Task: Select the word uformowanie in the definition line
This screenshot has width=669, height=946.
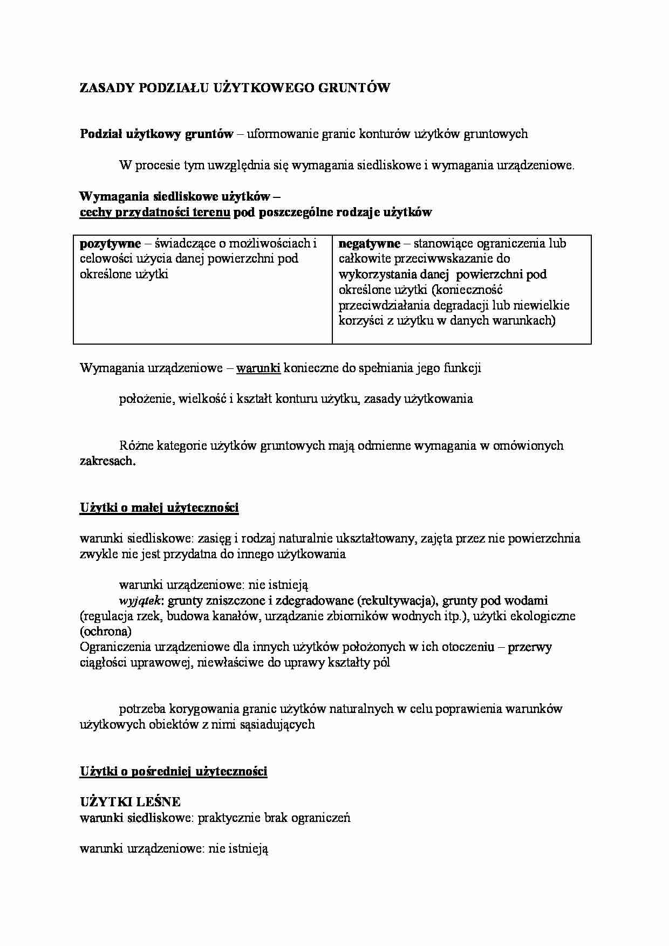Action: click(282, 134)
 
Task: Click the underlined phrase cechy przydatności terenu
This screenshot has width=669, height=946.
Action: click(155, 212)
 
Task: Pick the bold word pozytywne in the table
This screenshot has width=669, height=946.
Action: click(110, 244)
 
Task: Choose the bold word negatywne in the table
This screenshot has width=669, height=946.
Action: click(370, 244)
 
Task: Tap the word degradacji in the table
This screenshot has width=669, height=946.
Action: click(462, 305)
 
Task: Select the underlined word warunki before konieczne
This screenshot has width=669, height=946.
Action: click(258, 368)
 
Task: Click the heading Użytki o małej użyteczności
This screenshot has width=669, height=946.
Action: click(159, 508)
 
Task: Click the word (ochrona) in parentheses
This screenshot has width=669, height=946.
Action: click(106, 632)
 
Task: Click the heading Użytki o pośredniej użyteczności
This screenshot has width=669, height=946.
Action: click(173, 772)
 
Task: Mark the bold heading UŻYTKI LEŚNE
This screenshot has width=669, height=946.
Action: click(130, 802)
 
